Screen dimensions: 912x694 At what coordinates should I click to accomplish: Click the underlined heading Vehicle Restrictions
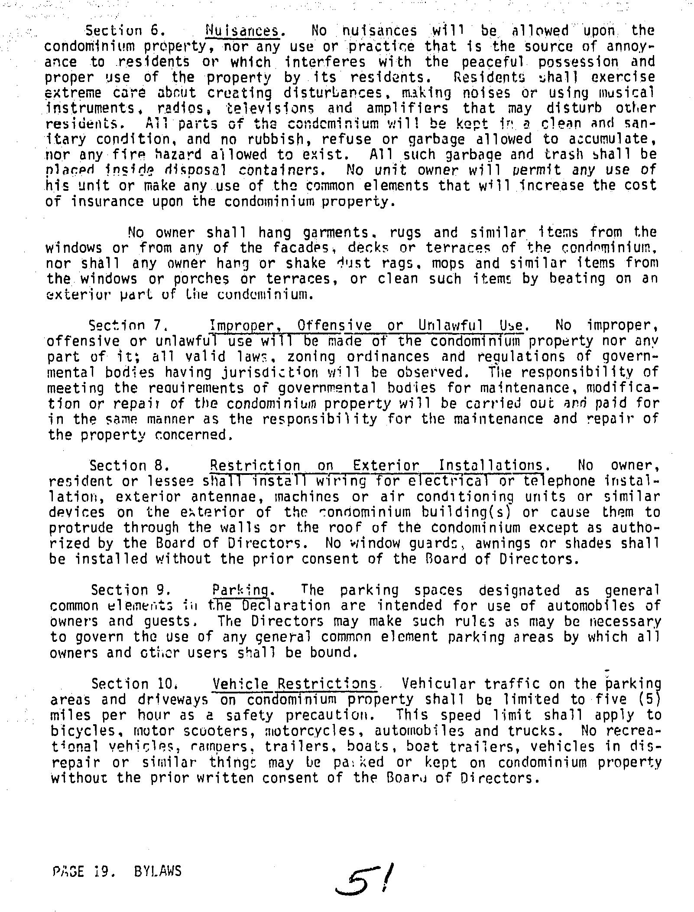pos(295,684)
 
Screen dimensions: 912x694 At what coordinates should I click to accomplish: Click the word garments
pos(338,233)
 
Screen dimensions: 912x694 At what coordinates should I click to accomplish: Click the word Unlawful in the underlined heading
pos(451,325)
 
